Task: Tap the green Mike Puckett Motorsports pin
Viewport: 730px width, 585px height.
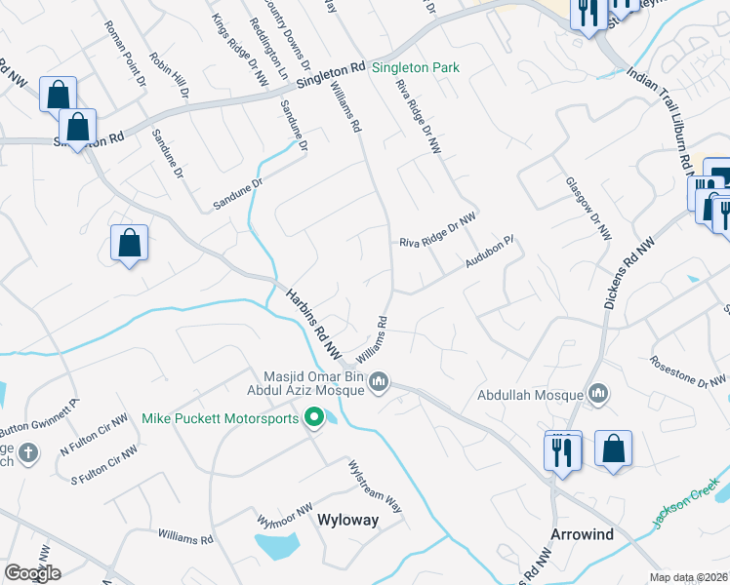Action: click(314, 419)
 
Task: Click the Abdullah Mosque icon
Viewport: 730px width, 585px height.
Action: click(598, 395)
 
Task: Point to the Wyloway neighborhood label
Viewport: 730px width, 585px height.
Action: click(347, 520)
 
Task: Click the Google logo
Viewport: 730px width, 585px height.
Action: click(31, 572)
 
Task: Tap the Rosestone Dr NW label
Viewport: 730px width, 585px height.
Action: click(688, 371)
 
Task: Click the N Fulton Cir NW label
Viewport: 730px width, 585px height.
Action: click(94, 436)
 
